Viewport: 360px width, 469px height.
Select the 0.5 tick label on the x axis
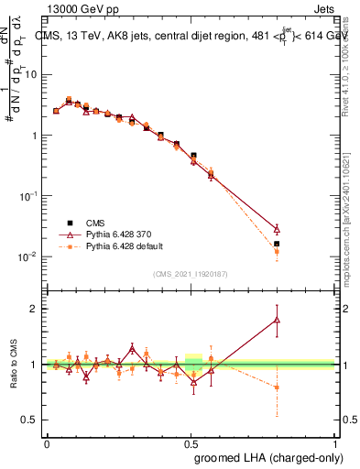pyautogui.click(x=191, y=443)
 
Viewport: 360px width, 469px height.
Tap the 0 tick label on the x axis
pyautogui.click(x=47, y=443)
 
